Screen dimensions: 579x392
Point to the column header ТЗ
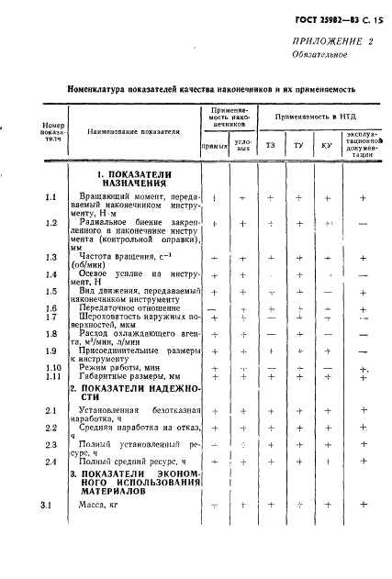[270, 145]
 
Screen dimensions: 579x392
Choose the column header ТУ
[299, 145]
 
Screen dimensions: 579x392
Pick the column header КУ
[328, 145]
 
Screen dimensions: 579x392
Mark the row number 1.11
[52, 375]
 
